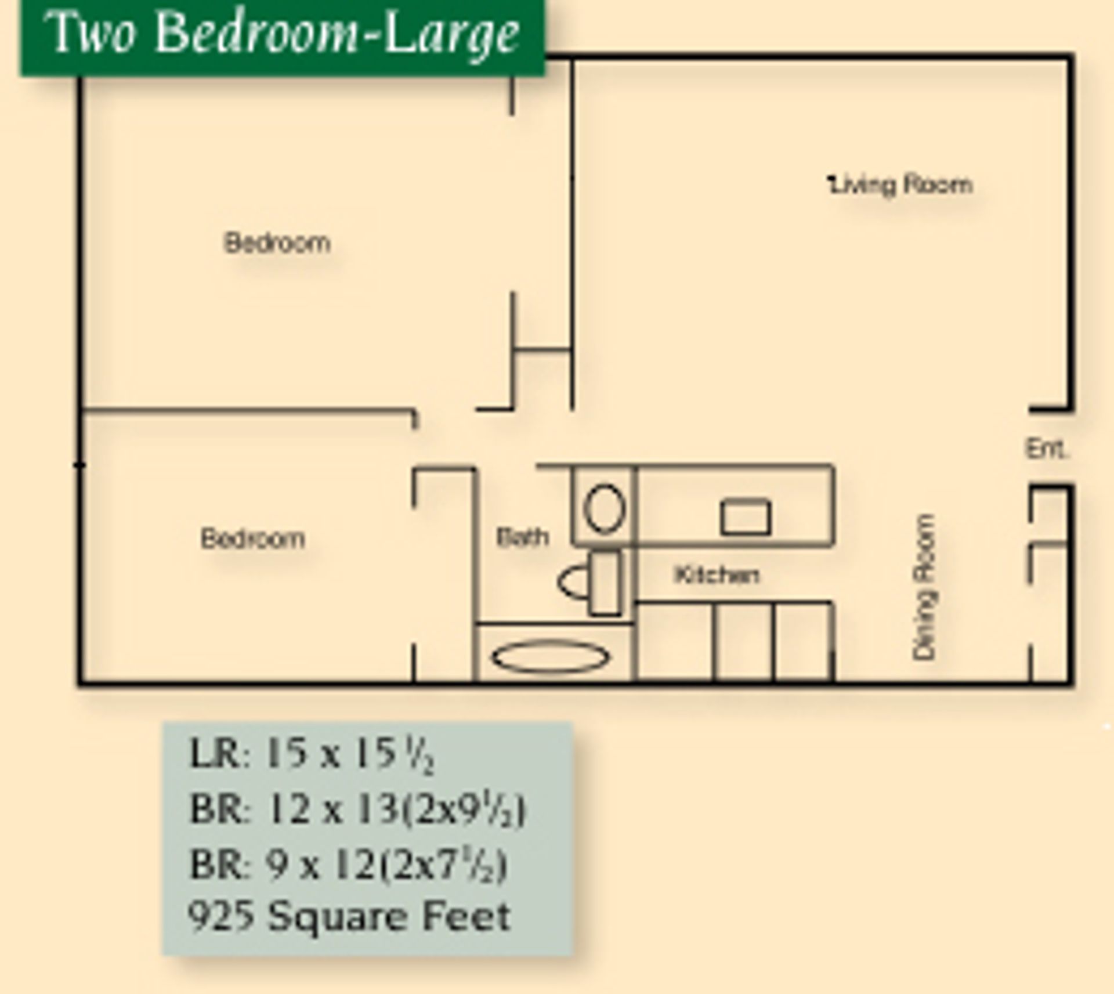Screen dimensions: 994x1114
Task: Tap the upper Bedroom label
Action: pyautogui.click(x=277, y=243)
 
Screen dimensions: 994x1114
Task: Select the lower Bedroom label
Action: pyautogui.click(x=253, y=538)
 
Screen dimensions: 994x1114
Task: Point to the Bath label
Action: pyautogui.click(x=522, y=537)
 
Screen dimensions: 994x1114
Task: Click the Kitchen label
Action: pyautogui.click(x=717, y=574)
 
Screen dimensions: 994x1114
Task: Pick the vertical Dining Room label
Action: pyautogui.click(x=924, y=587)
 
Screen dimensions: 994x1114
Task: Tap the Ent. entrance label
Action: pyautogui.click(x=1047, y=449)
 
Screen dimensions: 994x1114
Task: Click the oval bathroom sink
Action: pyautogui.click(x=604, y=508)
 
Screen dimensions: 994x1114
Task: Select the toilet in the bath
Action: pyautogui.click(x=589, y=582)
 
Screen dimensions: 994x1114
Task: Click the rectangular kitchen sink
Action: pyautogui.click(x=746, y=517)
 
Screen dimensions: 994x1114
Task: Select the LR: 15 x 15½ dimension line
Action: pyautogui.click(x=312, y=755)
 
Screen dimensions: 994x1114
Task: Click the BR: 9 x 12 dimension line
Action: pyautogui.click(x=348, y=865)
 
